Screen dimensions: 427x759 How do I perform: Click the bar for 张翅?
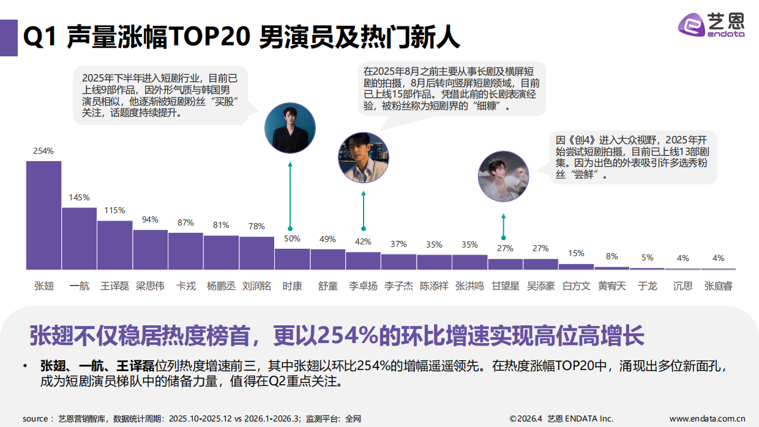coord(43,215)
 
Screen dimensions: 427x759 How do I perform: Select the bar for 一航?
coord(79,238)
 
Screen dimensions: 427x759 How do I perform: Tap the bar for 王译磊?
coord(114,245)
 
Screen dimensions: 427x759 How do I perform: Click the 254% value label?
coord(43,151)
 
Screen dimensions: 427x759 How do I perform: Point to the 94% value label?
coord(150,219)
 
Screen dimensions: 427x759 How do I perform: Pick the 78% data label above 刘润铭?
coord(256,226)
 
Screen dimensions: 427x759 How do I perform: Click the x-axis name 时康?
coord(292,286)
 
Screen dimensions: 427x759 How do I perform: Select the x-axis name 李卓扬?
coord(363,286)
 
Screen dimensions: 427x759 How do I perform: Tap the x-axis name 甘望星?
coord(505,286)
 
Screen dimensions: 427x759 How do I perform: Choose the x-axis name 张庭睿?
coord(718,286)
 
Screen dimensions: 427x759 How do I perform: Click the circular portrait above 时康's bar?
coord(290,128)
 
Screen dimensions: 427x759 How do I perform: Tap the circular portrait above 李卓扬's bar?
coord(364,157)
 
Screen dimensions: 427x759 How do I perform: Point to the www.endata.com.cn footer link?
coord(707,419)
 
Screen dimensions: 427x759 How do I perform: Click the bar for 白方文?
coord(576,266)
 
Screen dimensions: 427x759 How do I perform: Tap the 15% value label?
coord(576,253)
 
